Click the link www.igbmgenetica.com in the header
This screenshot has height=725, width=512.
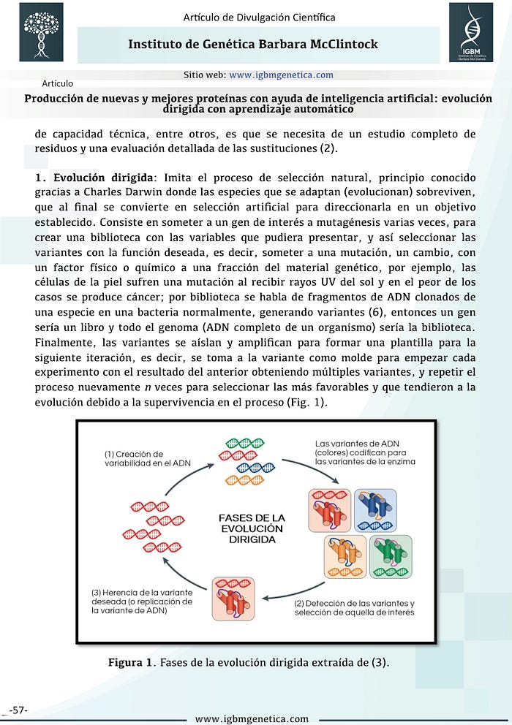[x=281, y=75]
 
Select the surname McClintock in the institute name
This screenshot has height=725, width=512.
[x=339, y=45]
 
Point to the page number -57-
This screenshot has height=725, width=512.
[x=18, y=709]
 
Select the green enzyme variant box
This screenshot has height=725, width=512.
[x=385, y=557]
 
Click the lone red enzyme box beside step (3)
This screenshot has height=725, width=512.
[x=233, y=598]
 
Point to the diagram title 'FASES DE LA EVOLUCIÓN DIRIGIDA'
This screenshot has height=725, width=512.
[x=251, y=528]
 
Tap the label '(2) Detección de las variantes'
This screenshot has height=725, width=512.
[x=354, y=608]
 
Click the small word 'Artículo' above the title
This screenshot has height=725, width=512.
[x=58, y=83]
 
